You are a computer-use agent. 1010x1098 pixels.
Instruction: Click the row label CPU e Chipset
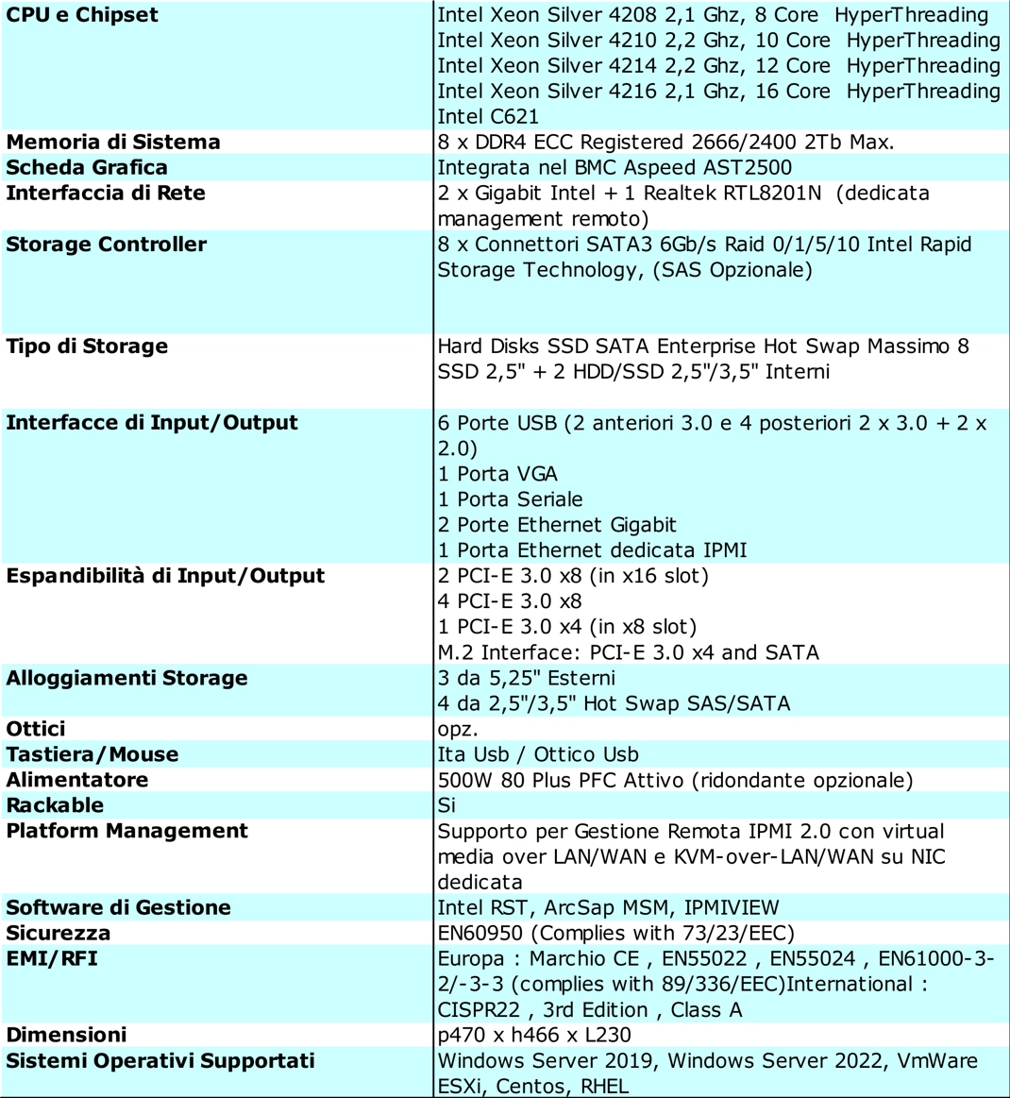coord(82,15)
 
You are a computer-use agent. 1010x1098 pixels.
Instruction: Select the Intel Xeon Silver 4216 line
coord(718,92)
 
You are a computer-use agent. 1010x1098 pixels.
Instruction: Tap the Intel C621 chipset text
coord(488,117)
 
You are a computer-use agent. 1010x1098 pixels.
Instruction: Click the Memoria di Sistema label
coord(113,143)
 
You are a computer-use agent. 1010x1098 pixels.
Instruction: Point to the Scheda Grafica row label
coord(87,168)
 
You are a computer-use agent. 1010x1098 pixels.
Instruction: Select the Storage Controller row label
coord(106,245)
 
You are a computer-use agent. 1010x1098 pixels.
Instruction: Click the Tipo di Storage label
coord(87,346)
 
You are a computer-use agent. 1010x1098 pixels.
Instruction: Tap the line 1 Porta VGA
coord(497,474)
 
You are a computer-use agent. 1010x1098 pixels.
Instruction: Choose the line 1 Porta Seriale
coord(510,499)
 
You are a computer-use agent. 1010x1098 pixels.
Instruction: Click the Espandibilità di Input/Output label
coord(165,576)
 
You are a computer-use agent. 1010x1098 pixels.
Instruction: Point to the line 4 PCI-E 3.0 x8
coord(510,601)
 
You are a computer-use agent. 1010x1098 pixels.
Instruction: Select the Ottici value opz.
coord(458,729)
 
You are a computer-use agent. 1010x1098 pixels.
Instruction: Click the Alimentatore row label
coord(77,780)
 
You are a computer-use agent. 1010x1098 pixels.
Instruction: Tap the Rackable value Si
coord(446,805)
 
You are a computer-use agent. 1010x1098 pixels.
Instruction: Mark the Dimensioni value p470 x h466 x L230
coord(534,1035)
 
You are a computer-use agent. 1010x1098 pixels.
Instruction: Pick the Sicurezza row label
coord(59,933)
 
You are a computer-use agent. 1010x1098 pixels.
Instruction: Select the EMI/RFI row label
coord(52,958)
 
